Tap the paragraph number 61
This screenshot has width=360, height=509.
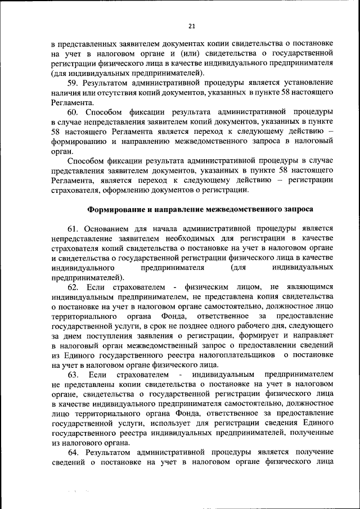click(x=73, y=228)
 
